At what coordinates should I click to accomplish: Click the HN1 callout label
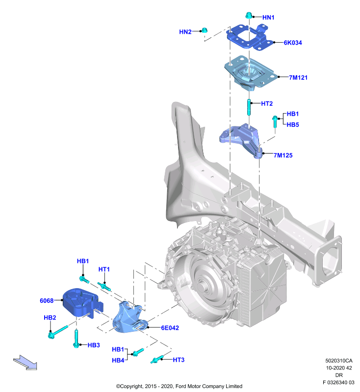(x=268, y=18)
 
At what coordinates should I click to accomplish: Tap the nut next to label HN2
(x=205, y=30)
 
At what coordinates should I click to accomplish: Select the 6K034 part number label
(x=293, y=43)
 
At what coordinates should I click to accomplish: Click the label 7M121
(x=298, y=77)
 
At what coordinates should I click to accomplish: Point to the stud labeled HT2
(x=249, y=107)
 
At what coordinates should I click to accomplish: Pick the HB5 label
(x=293, y=124)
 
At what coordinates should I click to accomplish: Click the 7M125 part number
(x=283, y=155)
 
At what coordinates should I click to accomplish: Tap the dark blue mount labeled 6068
(x=82, y=303)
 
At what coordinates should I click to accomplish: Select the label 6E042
(x=170, y=328)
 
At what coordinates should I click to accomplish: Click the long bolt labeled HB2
(x=58, y=332)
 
